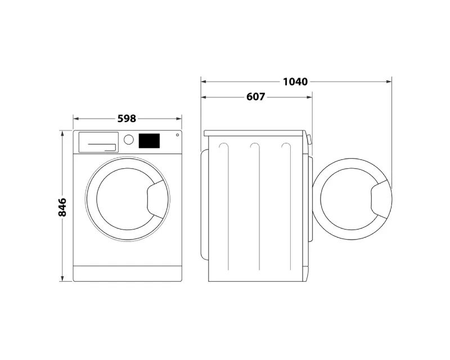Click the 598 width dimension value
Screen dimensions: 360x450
pyautogui.click(x=127, y=119)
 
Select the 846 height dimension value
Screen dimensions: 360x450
pyautogui.click(x=62, y=207)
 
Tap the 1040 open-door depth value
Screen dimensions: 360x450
pyautogui.click(x=295, y=82)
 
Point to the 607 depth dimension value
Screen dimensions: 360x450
pyautogui.click(x=255, y=97)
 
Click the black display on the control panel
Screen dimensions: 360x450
pyautogui.click(x=149, y=141)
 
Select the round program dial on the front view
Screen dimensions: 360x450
pyautogui.click(x=129, y=140)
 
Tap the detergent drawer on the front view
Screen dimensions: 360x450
pyautogui.click(x=98, y=142)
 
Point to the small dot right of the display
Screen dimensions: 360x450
pyautogui.click(x=177, y=135)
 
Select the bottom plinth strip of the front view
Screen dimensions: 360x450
pyautogui.click(x=128, y=273)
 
